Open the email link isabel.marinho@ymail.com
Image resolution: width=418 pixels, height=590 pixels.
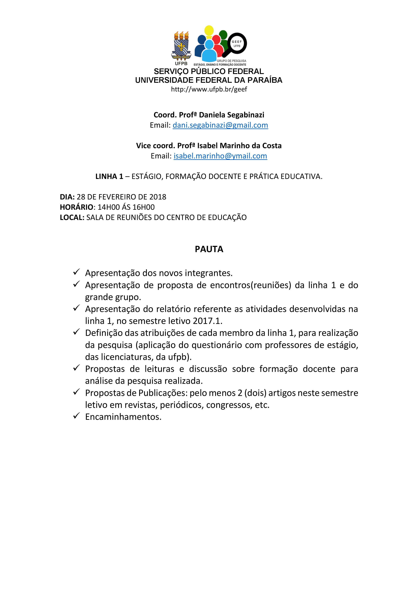coord(220,156)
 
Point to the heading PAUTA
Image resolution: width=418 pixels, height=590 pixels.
coord(209,249)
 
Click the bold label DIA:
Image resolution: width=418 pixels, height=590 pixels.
coord(67,197)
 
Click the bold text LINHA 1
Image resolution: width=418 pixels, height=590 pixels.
coord(109,177)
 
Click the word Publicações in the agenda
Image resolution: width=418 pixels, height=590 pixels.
coord(162,393)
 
